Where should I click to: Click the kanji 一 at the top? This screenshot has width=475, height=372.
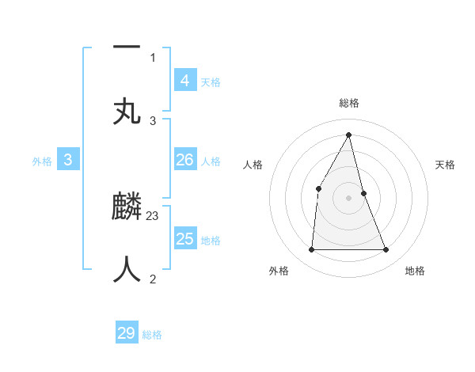(x=127, y=47)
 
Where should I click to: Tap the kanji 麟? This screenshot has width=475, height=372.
(x=127, y=208)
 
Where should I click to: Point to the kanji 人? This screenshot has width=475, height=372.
(x=127, y=269)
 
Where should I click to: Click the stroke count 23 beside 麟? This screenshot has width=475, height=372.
(x=153, y=215)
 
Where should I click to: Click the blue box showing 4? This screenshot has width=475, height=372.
(x=184, y=80)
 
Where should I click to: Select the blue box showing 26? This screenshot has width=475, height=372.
(x=184, y=160)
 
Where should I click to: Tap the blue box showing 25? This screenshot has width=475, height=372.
(x=184, y=238)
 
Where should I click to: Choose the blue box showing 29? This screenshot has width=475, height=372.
(x=127, y=333)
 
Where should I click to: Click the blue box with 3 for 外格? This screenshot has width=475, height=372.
(x=68, y=160)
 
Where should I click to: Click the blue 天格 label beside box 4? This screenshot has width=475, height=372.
(x=211, y=82)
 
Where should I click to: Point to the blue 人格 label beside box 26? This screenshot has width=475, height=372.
(x=211, y=161)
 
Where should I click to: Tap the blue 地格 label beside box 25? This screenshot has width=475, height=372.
(x=211, y=241)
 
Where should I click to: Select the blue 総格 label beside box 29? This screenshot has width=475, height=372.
(x=153, y=336)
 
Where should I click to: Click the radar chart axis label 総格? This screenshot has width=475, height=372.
(x=349, y=103)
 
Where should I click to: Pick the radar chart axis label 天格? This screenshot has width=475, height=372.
(x=446, y=165)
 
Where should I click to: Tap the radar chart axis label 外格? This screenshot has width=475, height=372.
(x=279, y=271)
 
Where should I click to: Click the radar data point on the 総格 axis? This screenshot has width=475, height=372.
(x=349, y=135)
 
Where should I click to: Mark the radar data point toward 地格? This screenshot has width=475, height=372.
(x=386, y=250)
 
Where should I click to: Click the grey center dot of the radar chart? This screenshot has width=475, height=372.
(x=349, y=198)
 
